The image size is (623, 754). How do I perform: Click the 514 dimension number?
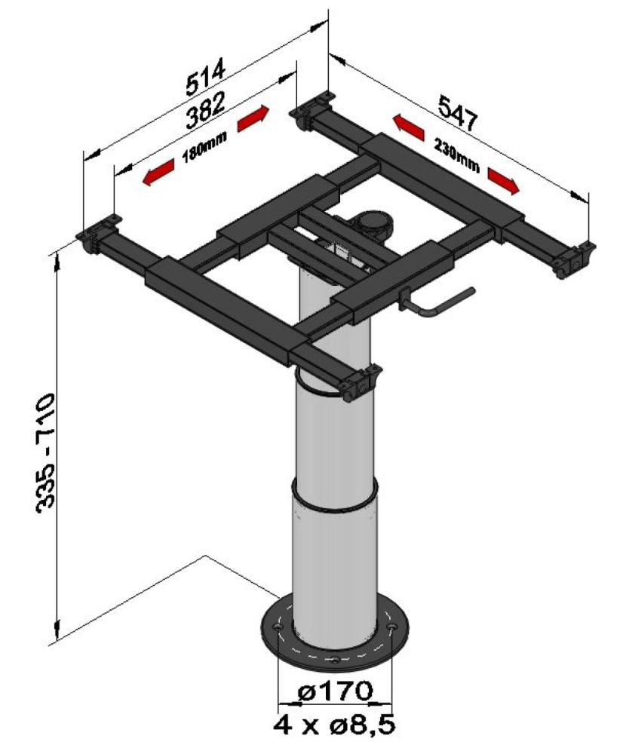[205, 76]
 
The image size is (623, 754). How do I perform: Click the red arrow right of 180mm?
[252, 118]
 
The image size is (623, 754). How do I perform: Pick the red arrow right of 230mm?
[503, 179]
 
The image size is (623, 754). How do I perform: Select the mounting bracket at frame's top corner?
[311, 109]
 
